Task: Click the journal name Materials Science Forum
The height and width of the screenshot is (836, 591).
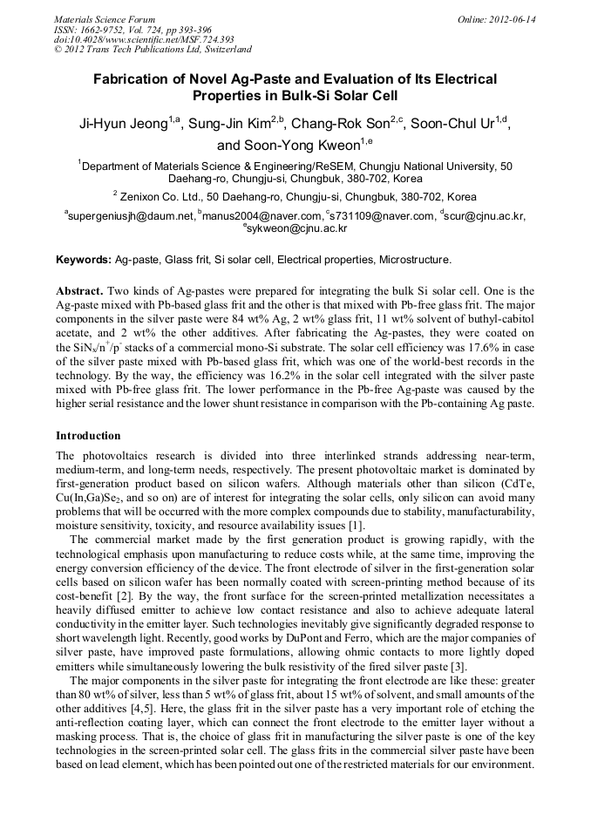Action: [105, 19]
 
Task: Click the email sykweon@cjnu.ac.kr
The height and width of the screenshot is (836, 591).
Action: [297, 228]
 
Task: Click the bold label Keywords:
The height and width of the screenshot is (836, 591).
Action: [84, 260]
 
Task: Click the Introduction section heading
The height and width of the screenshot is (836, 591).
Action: [88, 435]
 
